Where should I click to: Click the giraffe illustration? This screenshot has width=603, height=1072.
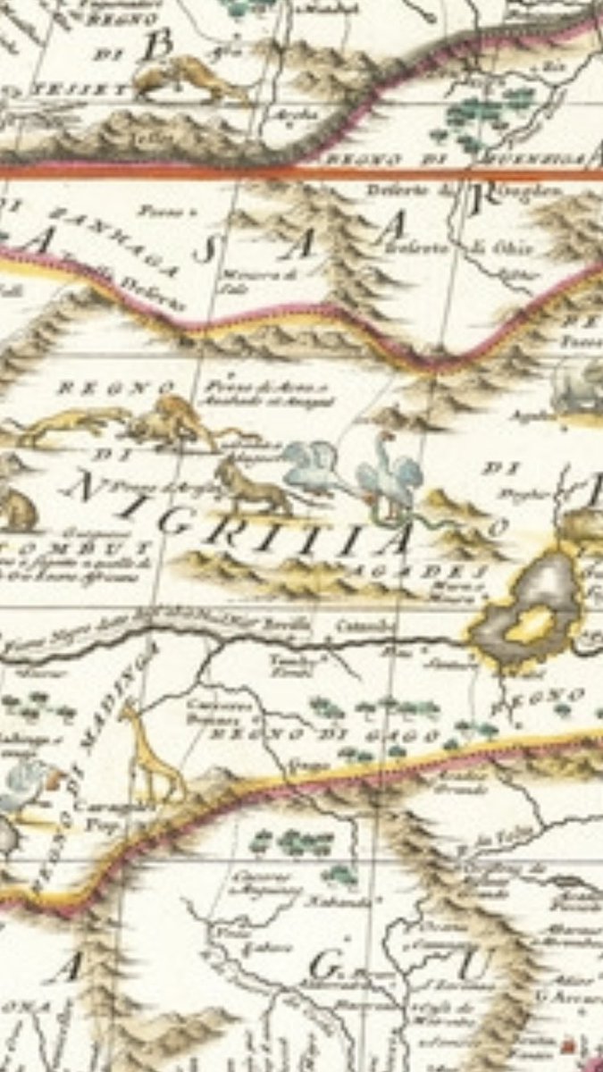tap(152, 750)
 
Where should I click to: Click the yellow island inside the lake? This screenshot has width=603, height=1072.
tap(534, 624)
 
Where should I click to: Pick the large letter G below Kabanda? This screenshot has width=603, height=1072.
tap(323, 966)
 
